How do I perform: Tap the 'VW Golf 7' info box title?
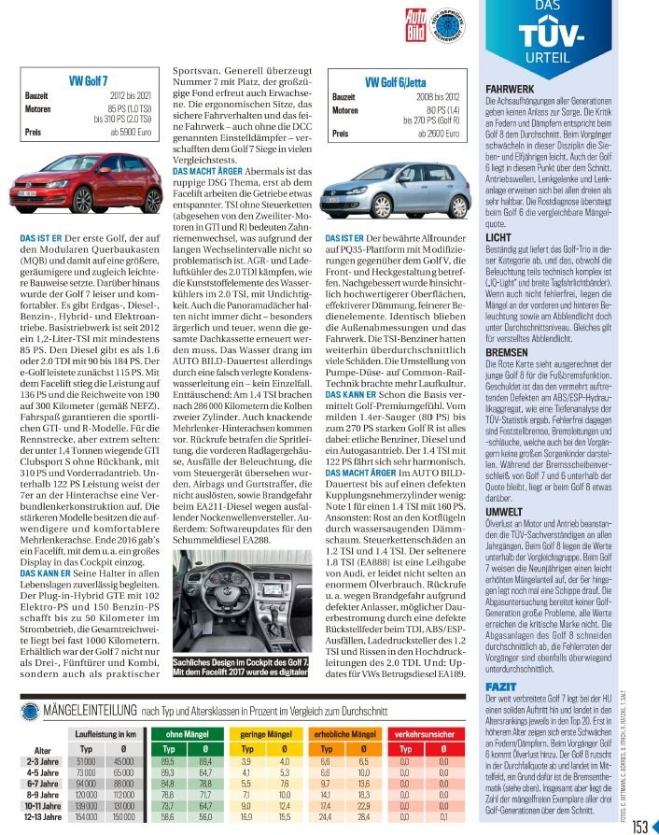[89, 82]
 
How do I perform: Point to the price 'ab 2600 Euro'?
[435, 134]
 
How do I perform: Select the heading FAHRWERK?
[509, 90]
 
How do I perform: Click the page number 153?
[639, 826]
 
